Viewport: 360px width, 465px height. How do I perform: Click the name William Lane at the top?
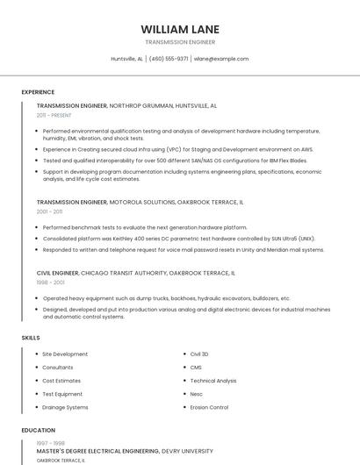(180, 29)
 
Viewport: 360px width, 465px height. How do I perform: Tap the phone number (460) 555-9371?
(169, 59)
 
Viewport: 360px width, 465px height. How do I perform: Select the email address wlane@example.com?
(221, 59)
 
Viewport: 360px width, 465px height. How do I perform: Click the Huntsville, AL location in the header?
(126, 59)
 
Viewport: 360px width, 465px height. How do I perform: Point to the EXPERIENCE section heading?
(38, 92)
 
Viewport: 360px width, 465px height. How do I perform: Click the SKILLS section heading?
(31, 338)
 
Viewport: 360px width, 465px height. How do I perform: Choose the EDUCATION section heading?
(38, 431)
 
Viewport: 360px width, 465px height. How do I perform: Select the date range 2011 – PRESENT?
(54, 115)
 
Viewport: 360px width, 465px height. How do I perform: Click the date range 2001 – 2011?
(49, 211)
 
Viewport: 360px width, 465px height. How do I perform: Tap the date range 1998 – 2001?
(49, 283)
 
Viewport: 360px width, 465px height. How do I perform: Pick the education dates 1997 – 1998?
(49, 443)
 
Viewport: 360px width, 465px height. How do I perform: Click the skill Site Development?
(65, 354)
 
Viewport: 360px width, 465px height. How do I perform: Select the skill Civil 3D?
(199, 354)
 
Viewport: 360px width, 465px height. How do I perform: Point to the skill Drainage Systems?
(65, 407)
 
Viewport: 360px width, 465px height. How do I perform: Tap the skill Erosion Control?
(209, 407)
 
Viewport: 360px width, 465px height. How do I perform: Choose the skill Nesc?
(197, 394)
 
